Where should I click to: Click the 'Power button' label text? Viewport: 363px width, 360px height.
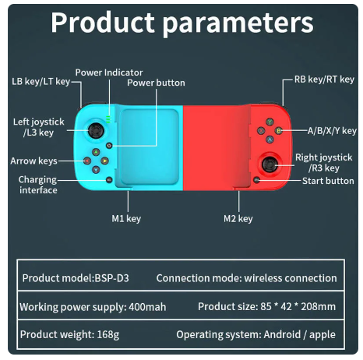[x=157, y=83]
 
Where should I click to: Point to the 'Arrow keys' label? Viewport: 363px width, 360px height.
[x=33, y=161]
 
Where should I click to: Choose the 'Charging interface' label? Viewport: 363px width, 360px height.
[x=37, y=185]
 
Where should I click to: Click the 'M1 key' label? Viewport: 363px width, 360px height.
[x=125, y=219]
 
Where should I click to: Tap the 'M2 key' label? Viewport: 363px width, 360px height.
[x=238, y=219]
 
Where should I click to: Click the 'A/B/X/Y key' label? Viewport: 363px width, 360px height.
[x=332, y=131]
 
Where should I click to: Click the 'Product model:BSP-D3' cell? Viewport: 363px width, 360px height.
[x=80, y=278]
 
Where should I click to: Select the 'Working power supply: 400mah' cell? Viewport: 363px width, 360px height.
[x=93, y=307]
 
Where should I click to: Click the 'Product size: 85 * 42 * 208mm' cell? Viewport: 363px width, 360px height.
[x=267, y=307]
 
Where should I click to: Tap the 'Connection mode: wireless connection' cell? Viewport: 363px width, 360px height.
[x=247, y=278]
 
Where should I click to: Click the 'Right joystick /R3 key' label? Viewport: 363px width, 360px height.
[x=317, y=163]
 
